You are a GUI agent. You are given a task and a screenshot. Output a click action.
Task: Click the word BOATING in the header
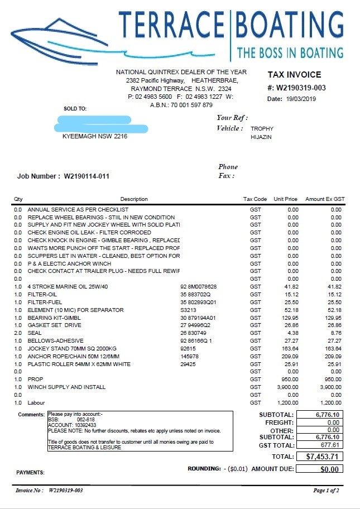(290, 24)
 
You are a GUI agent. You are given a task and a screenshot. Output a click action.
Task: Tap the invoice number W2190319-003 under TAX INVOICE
(301, 88)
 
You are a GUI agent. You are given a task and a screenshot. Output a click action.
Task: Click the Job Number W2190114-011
(87, 176)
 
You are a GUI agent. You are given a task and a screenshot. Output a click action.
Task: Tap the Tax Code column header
(255, 199)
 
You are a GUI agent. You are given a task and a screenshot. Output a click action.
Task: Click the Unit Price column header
(286, 199)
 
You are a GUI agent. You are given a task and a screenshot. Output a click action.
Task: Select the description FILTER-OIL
(42, 294)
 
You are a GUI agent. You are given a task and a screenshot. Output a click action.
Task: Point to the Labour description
(36, 402)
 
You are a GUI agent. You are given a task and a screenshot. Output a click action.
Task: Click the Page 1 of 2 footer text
(326, 491)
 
